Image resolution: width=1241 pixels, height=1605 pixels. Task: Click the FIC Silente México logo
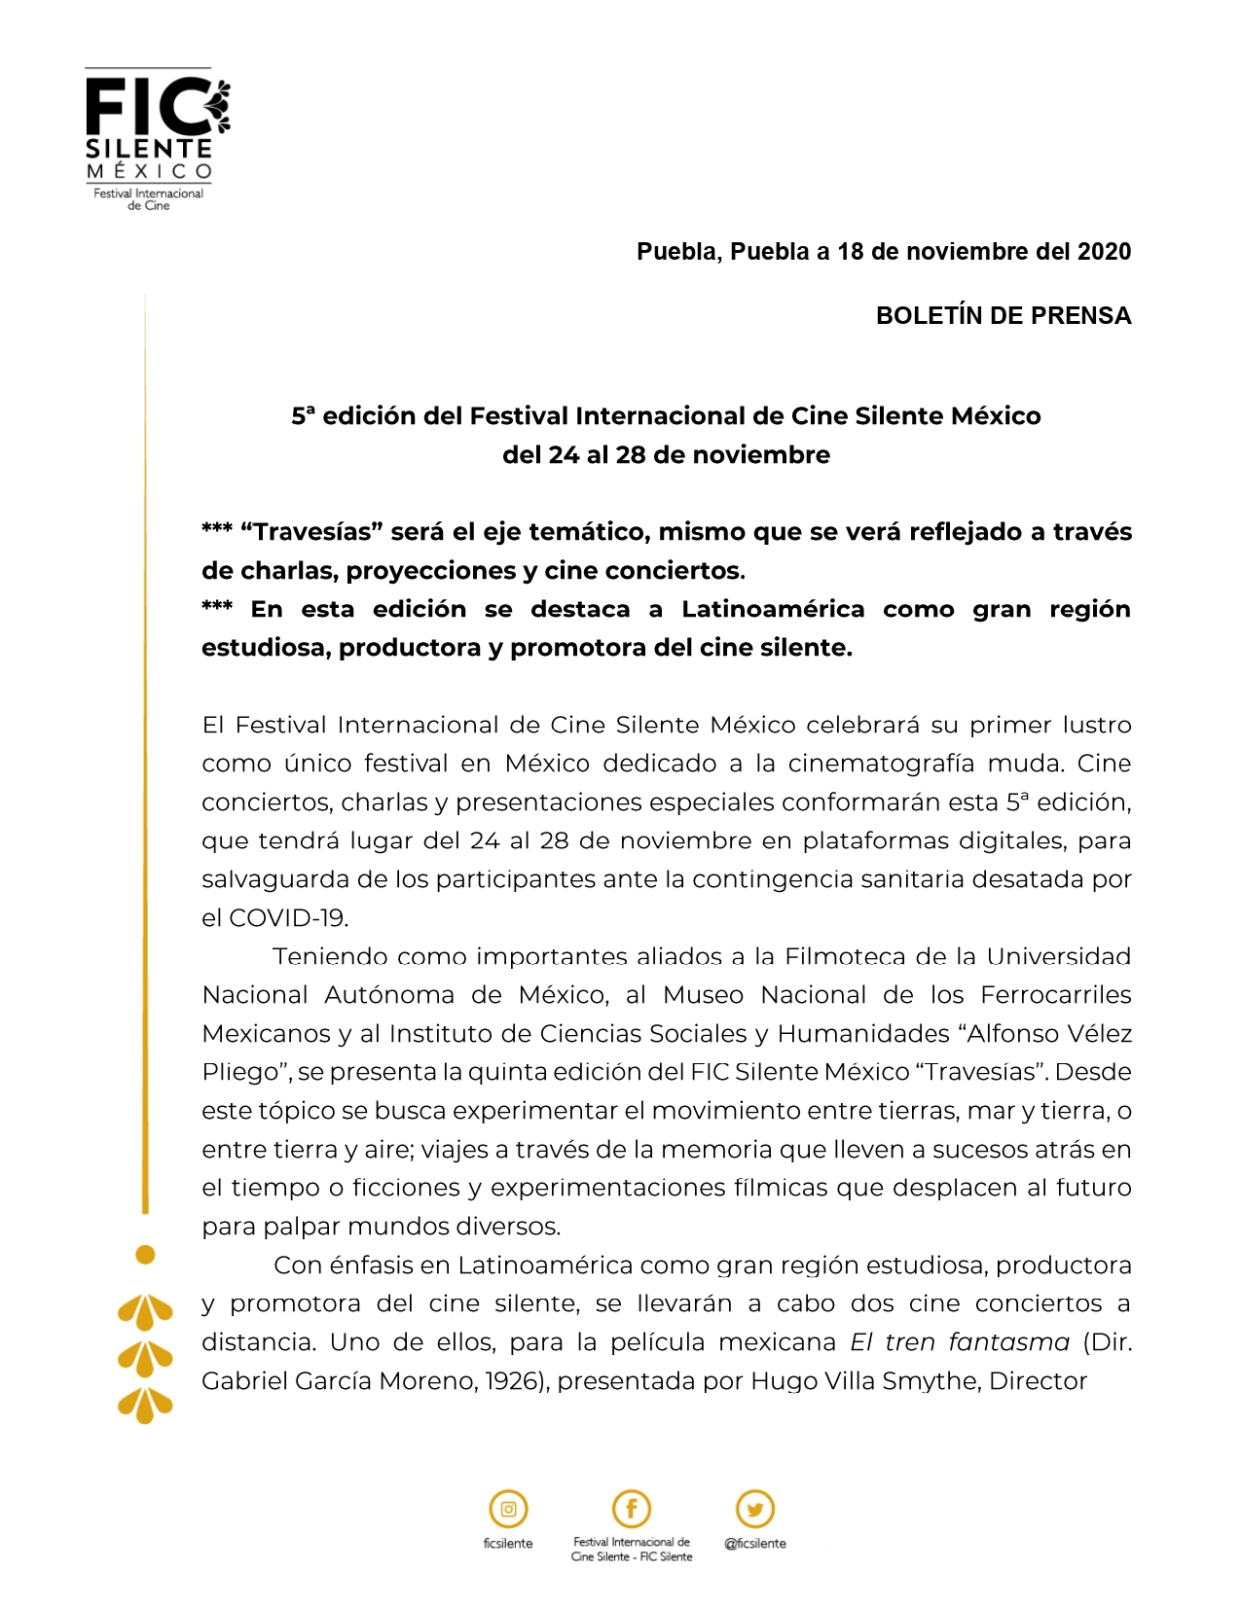[156, 138]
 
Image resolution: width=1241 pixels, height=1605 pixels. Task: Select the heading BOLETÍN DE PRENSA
[1003, 316]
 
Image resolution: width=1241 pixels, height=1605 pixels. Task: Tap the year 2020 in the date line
[1104, 252]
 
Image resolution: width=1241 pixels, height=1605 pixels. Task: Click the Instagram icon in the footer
[508, 1510]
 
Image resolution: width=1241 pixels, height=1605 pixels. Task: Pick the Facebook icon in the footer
[631, 1509]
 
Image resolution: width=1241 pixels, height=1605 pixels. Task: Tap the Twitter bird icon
[755, 1510]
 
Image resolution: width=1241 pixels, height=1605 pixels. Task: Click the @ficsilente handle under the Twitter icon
[755, 1544]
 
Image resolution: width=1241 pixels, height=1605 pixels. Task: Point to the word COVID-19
[288, 918]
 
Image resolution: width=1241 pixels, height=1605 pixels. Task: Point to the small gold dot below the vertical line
[145, 1255]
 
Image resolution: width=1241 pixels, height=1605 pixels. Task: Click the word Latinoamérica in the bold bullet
[772, 610]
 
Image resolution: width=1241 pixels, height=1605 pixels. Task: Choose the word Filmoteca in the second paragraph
[847, 957]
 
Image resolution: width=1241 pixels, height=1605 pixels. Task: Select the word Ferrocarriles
[1056, 995]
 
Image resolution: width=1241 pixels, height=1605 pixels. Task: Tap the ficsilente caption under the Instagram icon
[508, 1544]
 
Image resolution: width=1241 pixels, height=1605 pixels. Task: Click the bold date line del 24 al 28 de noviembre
[666, 455]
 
